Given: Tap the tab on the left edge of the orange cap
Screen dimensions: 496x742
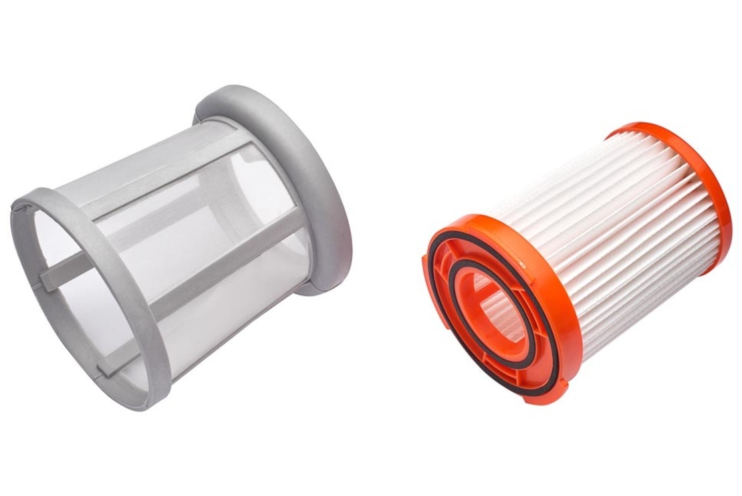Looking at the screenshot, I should [x=428, y=257].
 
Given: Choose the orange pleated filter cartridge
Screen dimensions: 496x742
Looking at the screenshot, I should [x=575, y=267].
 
